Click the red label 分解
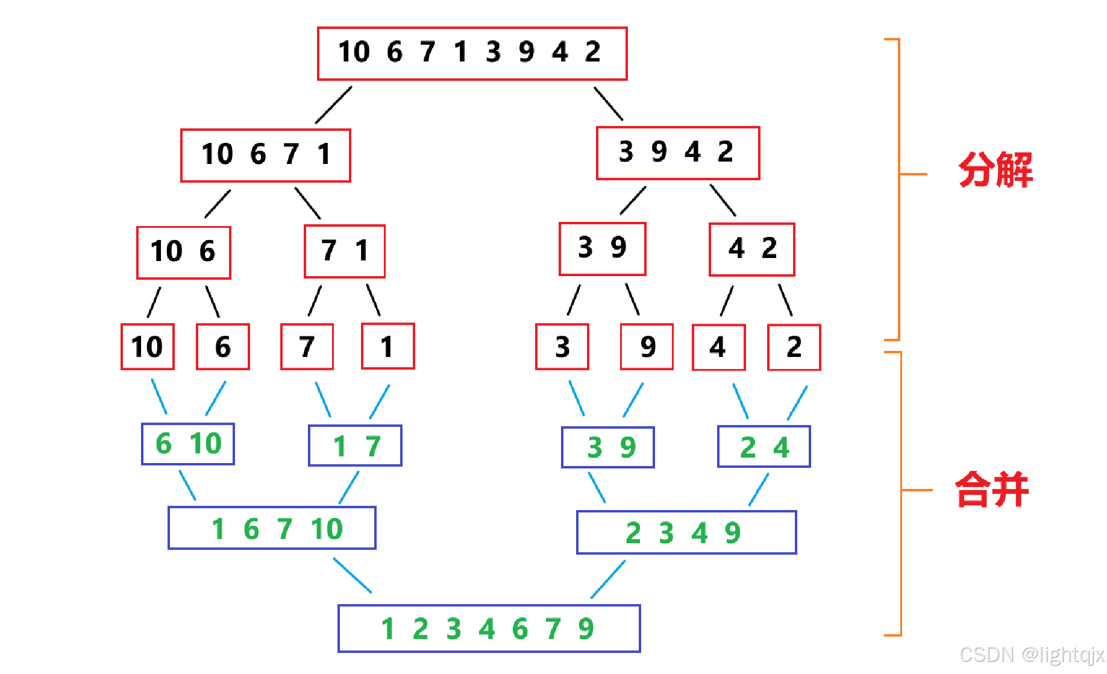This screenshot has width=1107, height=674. tap(996, 170)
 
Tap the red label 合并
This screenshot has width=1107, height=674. tap(992, 489)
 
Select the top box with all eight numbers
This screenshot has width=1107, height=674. tap(472, 53)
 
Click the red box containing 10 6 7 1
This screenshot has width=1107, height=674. tap(265, 155)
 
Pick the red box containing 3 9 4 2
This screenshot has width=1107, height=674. tap(677, 153)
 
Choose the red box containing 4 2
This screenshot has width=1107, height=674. tap(751, 249)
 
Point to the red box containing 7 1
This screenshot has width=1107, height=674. tap(344, 251)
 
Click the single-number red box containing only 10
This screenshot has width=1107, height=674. tap(147, 347)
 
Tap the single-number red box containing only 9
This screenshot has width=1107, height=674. tap(647, 347)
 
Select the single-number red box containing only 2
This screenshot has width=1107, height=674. tap(794, 347)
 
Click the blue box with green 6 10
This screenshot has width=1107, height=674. tap(187, 444)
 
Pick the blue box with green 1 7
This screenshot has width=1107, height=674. tap(355, 446)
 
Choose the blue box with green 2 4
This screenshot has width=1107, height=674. tap(764, 447)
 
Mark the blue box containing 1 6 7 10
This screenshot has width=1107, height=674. tap(272, 528)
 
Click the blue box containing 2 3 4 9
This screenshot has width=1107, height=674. tap(686, 532)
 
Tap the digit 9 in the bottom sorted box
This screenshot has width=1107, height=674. tap(586, 629)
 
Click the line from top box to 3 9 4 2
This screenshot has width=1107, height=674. tap(608, 103)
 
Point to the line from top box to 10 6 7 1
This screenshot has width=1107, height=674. tap(333, 105)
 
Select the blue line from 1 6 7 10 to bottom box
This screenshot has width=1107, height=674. tap(353, 575)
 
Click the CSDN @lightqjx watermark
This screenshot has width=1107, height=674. tap(1031, 655)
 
